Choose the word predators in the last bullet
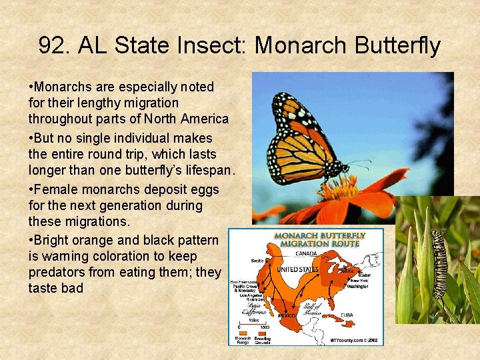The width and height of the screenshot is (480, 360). tap(56, 272)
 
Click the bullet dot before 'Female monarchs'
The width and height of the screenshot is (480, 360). tap(31, 189)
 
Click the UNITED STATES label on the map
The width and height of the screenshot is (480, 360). tap(298, 269)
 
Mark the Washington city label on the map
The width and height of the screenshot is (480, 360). tap(357, 286)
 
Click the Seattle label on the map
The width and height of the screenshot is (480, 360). tap(256, 261)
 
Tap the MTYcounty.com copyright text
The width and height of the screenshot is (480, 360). tap(353, 340)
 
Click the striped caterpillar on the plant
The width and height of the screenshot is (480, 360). tap(439, 263)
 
